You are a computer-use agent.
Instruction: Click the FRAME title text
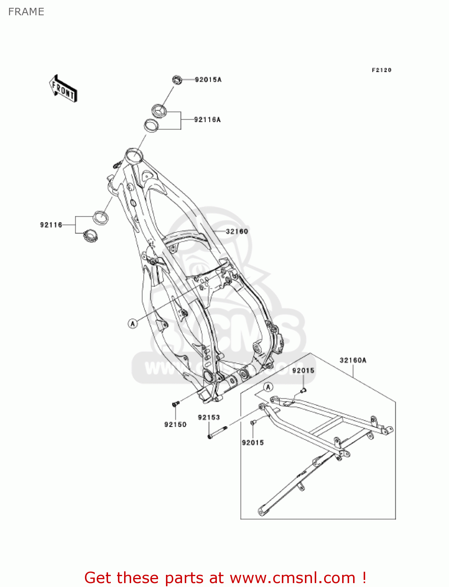click(26, 12)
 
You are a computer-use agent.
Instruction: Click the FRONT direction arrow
click(63, 89)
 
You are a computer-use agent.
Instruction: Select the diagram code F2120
click(381, 70)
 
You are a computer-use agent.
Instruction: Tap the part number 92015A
click(208, 80)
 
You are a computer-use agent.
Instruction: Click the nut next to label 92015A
click(177, 80)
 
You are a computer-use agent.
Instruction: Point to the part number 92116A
click(207, 120)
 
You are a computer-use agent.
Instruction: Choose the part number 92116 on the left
click(51, 225)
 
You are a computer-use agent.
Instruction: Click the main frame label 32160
click(237, 231)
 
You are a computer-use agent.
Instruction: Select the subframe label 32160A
click(353, 360)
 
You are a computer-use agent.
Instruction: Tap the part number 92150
click(175, 425)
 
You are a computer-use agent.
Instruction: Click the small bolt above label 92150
click(175, 403)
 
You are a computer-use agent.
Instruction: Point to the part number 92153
click(209, 418)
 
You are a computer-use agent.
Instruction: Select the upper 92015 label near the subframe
click(303, 371)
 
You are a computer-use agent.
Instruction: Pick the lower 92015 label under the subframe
click(253, 443)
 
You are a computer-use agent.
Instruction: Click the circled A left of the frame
click(133, 323)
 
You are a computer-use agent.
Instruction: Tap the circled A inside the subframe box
click(268, 387)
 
